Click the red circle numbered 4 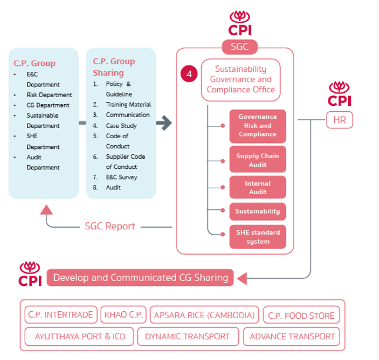[189, 75]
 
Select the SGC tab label [239, 47]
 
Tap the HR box [340, 120]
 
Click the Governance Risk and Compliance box [257, 126]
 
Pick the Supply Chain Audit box [257, 159]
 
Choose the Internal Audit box [257, 187]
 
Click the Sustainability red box [257, 211]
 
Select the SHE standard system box [257, 236]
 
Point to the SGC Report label [109, 226]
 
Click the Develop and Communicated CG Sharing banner [140, 278]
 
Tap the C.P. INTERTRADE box [61, 315]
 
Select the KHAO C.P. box [123, 315]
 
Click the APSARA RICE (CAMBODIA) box [204, 315]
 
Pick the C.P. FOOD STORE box [301, 315]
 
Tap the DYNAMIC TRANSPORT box [188, 337]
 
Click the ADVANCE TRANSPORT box [292, 337]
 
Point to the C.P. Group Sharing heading [114, 66]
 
